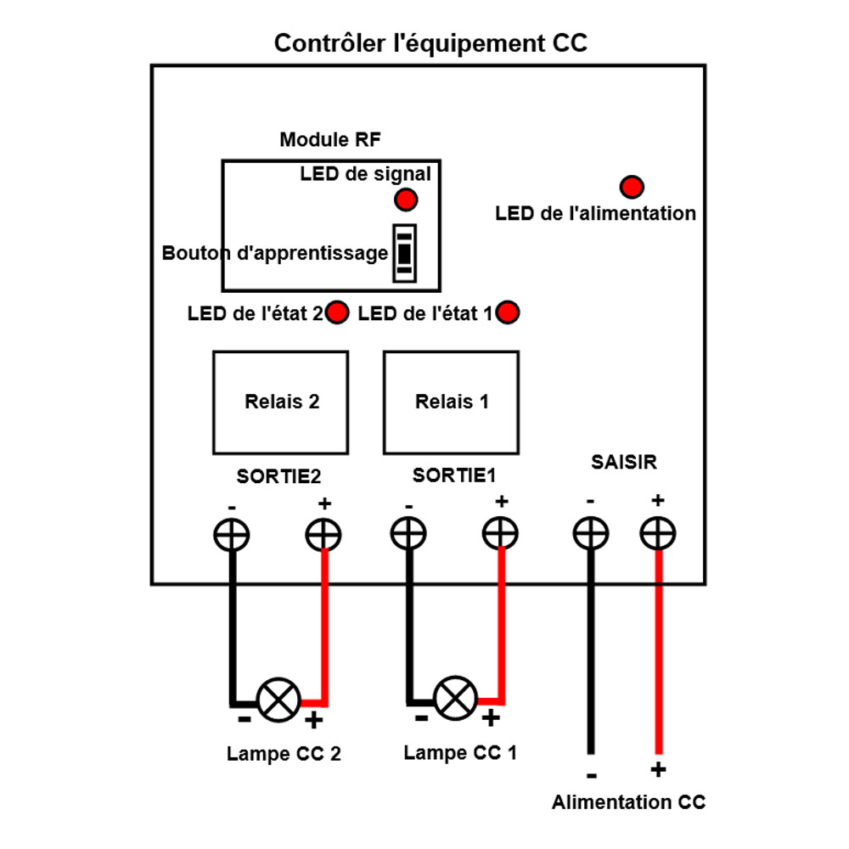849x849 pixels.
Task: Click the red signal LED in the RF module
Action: [406, 200]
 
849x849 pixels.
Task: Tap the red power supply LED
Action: [632, 187]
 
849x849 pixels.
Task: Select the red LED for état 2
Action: [338, 312]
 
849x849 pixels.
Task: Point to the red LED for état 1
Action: [509, 312]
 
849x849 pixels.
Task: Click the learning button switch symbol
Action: [404, 253]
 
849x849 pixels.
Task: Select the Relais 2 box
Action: [280, 402]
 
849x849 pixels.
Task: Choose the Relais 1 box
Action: [451, 402]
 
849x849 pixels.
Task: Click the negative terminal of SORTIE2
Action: [230, 535]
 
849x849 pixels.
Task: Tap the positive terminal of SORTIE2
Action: [323, 535]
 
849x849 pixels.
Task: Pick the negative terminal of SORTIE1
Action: [408, 535]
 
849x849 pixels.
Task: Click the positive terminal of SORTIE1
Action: [501, 535]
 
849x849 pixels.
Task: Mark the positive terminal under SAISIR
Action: [658, 535]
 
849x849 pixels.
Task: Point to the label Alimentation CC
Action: [628, 802]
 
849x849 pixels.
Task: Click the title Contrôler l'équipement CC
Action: [430, 44]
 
